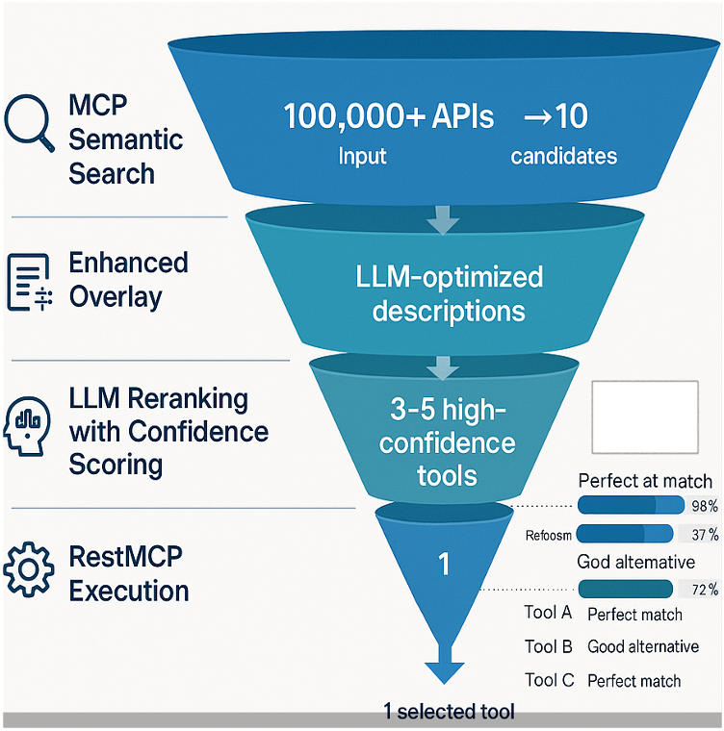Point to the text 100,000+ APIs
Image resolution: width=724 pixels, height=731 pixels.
tap(388, 117)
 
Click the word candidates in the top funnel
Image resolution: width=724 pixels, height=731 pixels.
tap(563, 156)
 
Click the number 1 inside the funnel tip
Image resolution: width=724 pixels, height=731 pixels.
tap(445, 565)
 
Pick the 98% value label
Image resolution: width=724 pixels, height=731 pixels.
tap(703, 506)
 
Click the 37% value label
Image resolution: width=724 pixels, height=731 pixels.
tap(705, 534)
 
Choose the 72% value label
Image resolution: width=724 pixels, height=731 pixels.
tap(704, 590)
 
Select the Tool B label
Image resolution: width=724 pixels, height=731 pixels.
tap(549, 646)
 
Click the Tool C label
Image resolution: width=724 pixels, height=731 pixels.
tap(549, 680)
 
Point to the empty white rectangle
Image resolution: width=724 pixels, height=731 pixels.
tap(645, 417)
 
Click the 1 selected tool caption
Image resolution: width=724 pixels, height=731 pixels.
tap(449, 712)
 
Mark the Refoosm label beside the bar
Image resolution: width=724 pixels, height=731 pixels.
tap(550, 535)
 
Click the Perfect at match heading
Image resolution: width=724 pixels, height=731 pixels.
tap(644, 480)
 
